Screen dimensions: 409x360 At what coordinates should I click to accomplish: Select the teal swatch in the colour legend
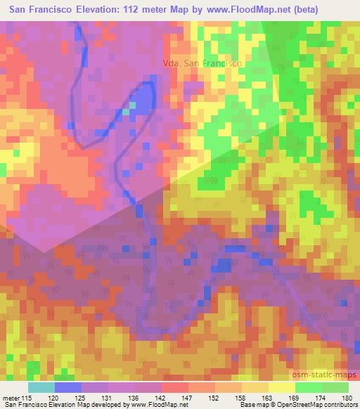click(x=41, y=387)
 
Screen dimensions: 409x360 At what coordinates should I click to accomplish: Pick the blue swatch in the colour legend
click(x=68, y=387)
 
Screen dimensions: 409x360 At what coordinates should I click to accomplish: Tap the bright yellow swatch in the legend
click(x=282, y=387)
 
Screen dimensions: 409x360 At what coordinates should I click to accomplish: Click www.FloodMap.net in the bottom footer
click(x=150, y=405)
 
